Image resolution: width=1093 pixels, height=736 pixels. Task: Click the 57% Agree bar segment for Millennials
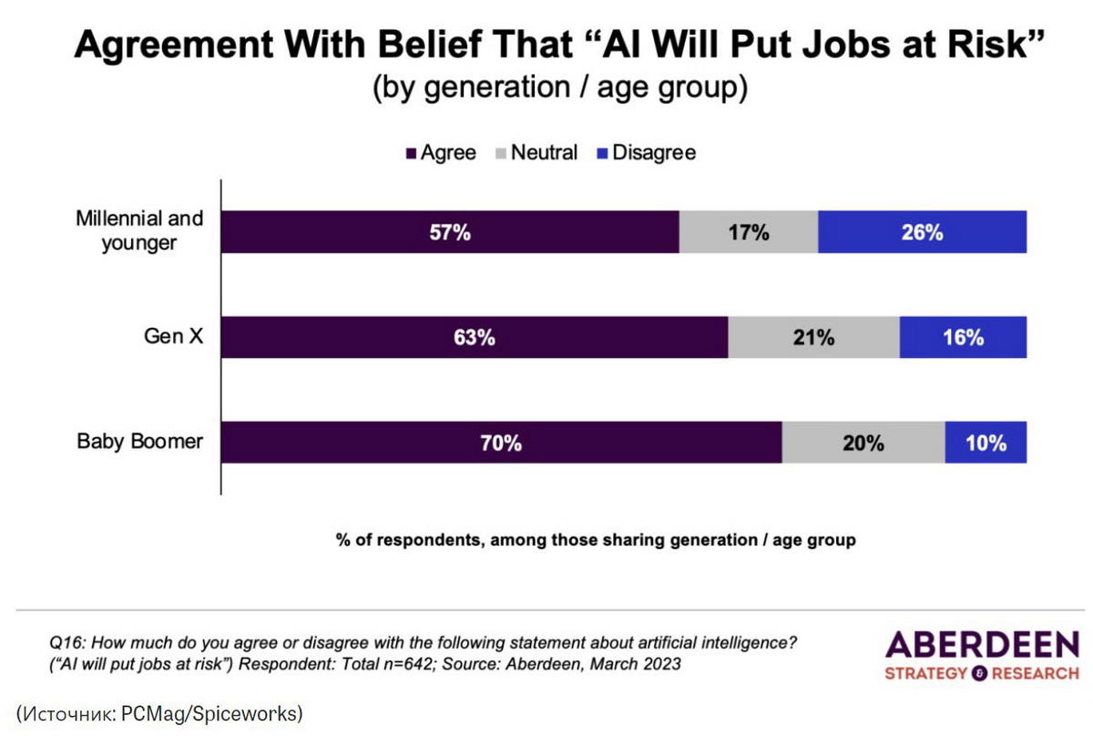coord(451,232)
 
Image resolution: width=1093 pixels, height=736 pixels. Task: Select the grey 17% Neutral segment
coord(749,232)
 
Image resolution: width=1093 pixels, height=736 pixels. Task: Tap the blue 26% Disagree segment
coord(922,232)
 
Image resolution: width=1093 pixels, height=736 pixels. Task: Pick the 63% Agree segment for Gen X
coord(475,337)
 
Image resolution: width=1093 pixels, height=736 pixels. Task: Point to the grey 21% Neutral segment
coord(813,337)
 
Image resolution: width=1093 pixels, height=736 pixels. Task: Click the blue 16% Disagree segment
coord(963,337)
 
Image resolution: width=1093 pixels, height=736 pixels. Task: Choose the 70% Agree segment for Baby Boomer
coord(502,443)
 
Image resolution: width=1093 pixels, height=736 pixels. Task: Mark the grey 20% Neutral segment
coord(863,443)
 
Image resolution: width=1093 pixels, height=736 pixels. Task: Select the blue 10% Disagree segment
coord(986,443)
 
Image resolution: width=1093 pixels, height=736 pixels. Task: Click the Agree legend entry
coord(441,153)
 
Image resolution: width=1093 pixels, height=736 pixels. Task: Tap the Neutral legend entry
coord(536,153)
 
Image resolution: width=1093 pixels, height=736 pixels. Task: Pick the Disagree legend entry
coord(646,153)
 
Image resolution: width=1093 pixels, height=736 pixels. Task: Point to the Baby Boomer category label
coord(139,443)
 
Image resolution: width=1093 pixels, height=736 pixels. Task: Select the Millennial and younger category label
coord(139,231)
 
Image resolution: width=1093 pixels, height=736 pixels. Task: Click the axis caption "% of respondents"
coord(402,540)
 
